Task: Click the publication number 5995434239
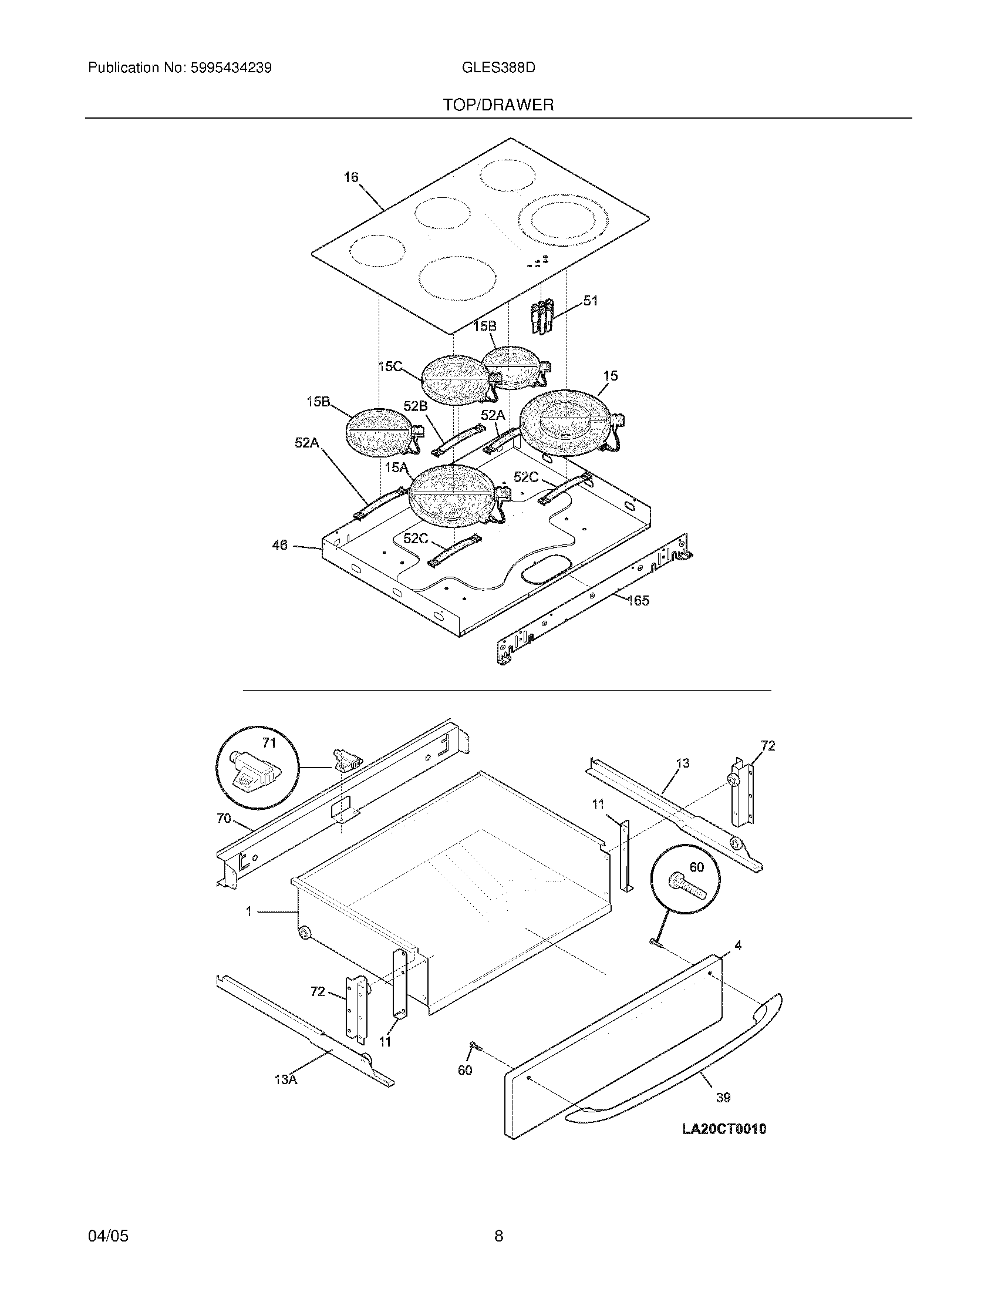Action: [231, 68]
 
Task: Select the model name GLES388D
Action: [498, 68]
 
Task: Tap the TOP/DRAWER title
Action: [498, 105]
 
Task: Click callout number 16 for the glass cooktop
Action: [351, 177]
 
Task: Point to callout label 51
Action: [591, 301]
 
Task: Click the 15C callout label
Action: [390, 367]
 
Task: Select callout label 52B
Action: [415, 406]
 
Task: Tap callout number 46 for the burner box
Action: [279, 545]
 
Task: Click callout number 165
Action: [638, 601]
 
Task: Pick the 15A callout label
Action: [396, 468]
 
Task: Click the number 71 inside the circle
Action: [269, 743]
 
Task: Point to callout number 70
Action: [224, 819]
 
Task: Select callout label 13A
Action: [285, 1079]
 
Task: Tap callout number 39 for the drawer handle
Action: [723, 1098]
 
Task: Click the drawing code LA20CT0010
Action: [724, 1129]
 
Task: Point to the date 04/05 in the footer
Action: [108, 1219]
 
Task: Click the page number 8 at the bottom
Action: [498, 1219]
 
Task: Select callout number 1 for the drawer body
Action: [249, 912]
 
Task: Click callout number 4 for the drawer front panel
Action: [738, 946]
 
